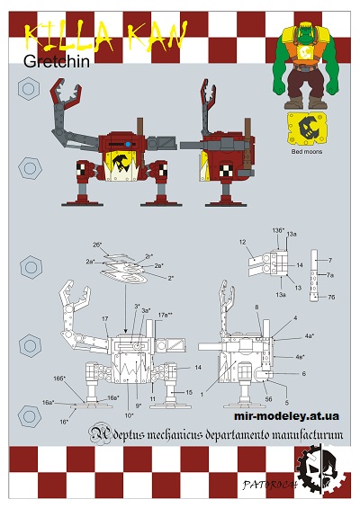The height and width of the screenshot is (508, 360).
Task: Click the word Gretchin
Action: (x=57, y=61)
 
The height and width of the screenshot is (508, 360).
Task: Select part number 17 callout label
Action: (x=105, y=318)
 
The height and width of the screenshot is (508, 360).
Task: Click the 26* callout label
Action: (x=96, y=245)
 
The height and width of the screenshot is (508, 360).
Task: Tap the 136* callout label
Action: (x=279, y=230)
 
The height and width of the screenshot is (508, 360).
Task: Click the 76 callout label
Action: (x=331, y=297)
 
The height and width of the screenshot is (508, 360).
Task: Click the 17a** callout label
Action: (x=166, y=314)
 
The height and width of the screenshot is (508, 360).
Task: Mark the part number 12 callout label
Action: (x=243, y=242)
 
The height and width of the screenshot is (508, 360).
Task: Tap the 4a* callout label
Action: (x=309, y=335)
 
